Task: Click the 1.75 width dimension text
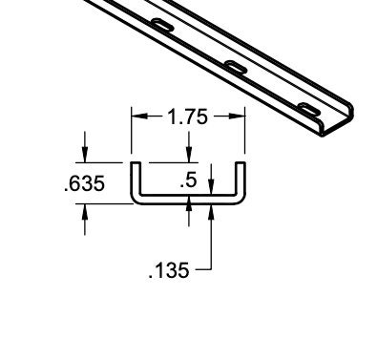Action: click(188, 117)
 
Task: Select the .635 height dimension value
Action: click(83, 183)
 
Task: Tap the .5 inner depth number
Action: click(190, 178)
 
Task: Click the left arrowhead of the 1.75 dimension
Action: click(137, 117)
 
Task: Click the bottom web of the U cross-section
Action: click(188, 201)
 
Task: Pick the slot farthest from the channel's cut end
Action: click(161, 25)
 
